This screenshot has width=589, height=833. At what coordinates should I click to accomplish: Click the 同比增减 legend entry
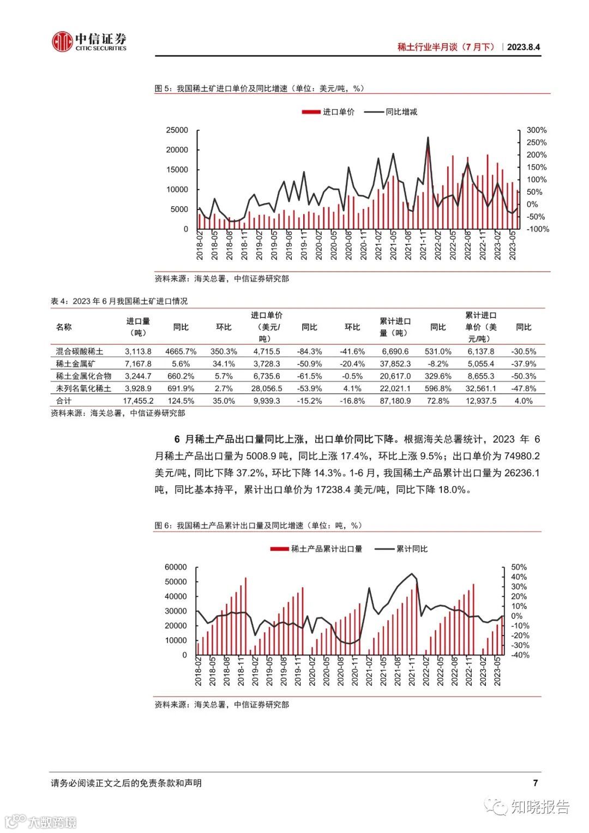(x=391, y=112)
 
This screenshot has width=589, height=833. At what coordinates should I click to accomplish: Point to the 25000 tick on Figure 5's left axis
(x=177, y=130)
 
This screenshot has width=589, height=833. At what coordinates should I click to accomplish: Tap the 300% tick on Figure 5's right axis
(x=536, y=130)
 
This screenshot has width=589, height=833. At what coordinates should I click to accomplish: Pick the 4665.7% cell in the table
(x=181, y=351)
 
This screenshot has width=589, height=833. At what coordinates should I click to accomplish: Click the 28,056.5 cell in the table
(x=267, y=388)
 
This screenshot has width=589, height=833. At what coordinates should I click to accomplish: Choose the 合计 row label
(x=64, y=401)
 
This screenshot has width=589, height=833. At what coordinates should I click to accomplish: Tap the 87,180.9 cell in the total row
(x=395, y=401)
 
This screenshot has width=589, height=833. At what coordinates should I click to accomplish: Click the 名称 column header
(x=64, y=327)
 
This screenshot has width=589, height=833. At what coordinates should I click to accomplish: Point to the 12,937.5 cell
(x=481, y=401)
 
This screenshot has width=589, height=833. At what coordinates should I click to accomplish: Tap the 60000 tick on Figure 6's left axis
(x=176, y=567)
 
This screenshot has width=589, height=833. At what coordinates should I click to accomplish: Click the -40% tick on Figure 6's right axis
(x=519, y=655)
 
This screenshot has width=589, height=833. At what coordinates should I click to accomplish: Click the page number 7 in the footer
(x=535, y=783)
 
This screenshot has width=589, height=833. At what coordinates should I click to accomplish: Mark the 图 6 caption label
(x=163, y=525)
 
